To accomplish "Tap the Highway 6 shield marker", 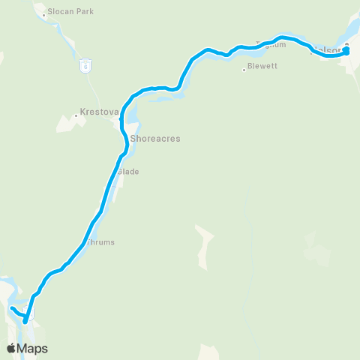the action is [86, 65].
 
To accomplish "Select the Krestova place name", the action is [100, 113].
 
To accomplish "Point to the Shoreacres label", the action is [155, 139].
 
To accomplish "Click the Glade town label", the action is [127, 172].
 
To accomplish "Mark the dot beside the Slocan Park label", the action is [45, 12].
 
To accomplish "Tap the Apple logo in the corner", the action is [11, 348].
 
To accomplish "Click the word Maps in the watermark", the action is [32, 348].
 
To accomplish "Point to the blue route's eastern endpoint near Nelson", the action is [346, 51].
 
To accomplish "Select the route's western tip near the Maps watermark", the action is [12, 307].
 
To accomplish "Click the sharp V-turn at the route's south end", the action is [25, 321].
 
